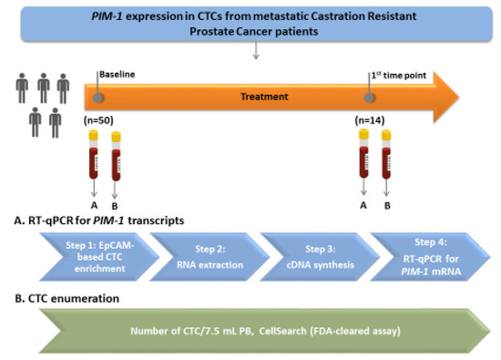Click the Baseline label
click(x=118, y=75)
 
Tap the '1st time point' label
click(x=398, y=76)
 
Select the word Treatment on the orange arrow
click(x=264, y=97)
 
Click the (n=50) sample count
click(x=98, y=120)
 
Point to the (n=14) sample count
click(x=370, y=120)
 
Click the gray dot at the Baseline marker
click(x=97, y=98)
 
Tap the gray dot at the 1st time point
click(x=369, y=98)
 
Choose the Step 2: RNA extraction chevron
click(x=210, y=257)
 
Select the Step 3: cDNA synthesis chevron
click(x=320, y=257)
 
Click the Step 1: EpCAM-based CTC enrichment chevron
click(x=99, y=257)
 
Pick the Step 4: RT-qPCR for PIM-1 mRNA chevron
click(x=430, y=257)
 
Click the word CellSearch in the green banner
click(x=282, y=331)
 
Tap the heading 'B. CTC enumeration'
click(x=67, y=298)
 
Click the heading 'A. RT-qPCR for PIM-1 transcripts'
click(x=99, y=221)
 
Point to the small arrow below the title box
click(x=256, y=50)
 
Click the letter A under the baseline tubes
click(x=94, y=205)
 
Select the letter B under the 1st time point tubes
click(x=387, y=206)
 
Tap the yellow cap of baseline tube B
click(x=116, y=137)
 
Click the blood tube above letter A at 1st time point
click(x=363, y=153)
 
